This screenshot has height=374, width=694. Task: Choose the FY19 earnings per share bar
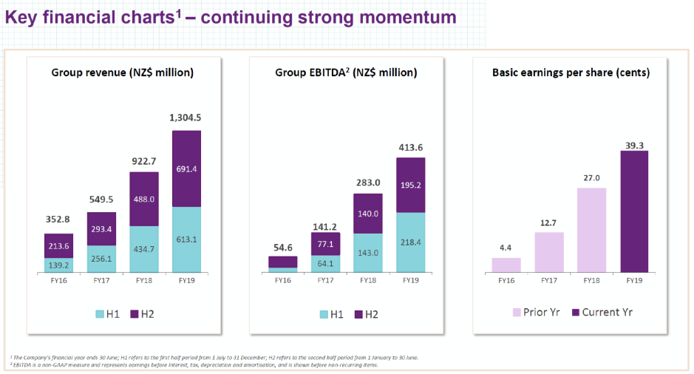pos(633,211)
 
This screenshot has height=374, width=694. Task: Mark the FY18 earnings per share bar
pos(591,230)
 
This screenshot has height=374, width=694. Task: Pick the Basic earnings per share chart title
pos(571,72)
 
